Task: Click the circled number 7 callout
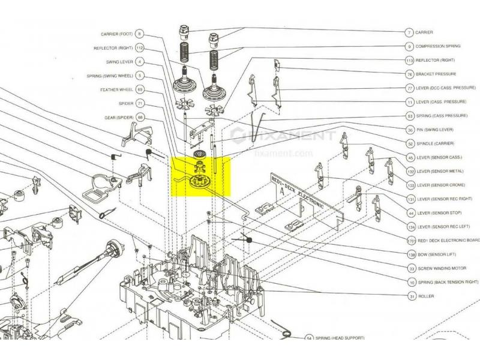409,32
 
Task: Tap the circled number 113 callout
410,61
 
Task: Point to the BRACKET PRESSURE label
436,75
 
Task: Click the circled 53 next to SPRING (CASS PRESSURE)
410,115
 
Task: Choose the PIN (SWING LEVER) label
435,130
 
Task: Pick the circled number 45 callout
410,157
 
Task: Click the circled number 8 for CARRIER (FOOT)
140,34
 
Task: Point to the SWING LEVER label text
119,62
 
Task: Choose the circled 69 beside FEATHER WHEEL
140,89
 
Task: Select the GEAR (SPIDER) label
118,117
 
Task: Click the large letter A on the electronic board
281,191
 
